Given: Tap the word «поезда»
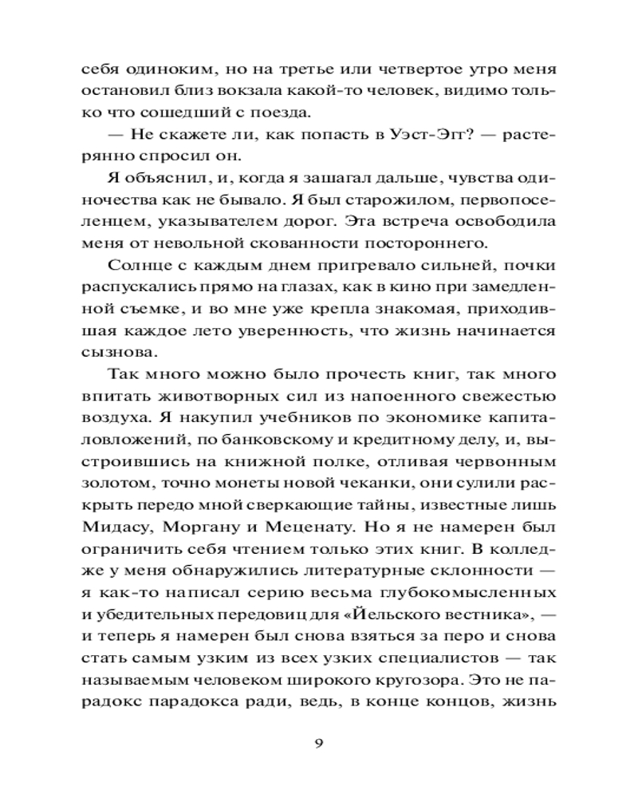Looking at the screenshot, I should tap(288, 112).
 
